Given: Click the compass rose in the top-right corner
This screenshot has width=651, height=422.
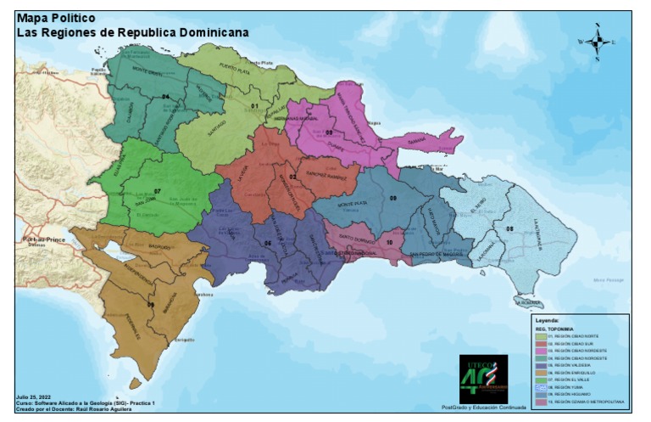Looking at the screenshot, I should click(597, 41).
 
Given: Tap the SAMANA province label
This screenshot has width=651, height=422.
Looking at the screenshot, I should click(418, 141).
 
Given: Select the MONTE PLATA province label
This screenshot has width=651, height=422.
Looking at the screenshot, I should click(353, 205).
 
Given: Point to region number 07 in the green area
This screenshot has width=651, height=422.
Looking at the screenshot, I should click(157, 191).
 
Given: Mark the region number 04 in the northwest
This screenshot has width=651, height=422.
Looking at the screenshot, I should click(165, 97).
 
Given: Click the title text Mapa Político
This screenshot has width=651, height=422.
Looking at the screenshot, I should click(50, 18).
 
